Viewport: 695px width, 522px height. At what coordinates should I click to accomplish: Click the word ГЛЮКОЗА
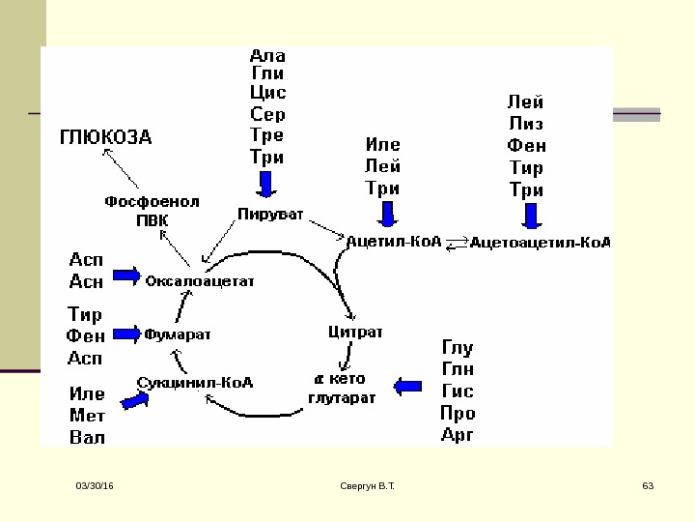106,136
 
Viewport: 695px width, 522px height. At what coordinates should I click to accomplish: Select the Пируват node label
269,211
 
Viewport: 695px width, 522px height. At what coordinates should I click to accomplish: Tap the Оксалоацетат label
199,280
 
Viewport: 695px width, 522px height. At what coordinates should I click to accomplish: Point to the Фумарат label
178,333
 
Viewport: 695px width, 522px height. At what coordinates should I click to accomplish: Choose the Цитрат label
356,332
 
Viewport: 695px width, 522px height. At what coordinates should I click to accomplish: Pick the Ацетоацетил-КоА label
541,243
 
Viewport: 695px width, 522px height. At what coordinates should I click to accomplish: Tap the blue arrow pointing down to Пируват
265,184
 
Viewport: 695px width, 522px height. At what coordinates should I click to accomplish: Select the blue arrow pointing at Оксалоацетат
126,275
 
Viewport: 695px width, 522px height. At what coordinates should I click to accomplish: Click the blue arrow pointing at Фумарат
126,333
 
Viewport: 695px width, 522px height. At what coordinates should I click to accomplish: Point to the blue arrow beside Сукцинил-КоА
128,397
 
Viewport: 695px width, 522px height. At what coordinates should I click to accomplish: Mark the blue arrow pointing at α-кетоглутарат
409,386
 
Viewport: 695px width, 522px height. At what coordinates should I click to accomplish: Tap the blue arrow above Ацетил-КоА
387,214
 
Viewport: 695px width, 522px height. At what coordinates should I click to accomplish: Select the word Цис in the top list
267,93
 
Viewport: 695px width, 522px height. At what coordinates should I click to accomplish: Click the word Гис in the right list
458,391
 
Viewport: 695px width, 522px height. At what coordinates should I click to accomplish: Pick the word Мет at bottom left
87,416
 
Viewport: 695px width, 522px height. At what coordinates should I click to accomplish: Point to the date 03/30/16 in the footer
96,483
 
